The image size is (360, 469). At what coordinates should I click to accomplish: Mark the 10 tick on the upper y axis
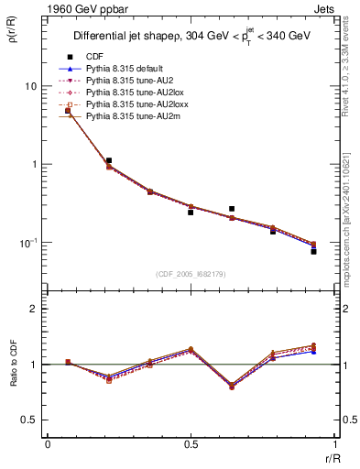(31, 86)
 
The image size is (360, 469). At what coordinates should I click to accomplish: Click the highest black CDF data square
(68, 111)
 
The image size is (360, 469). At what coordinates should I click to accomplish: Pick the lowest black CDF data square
(313, 251)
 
